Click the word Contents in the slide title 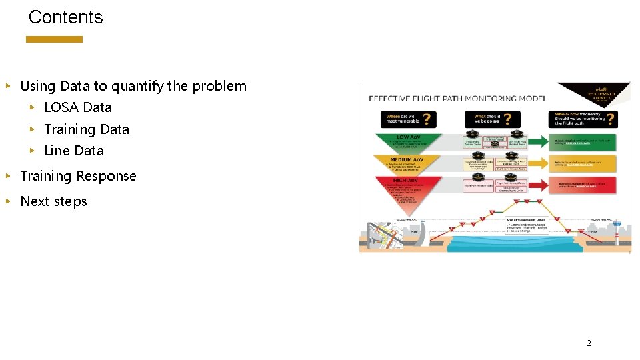point(65,17)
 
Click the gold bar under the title point(54,39)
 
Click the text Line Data point(73,151)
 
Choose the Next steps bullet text point(53,201)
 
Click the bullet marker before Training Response point(7,176)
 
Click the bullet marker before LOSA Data point(31,107)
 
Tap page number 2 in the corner point(589,343)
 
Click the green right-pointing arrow point(585,142)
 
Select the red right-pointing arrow point(585,185)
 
